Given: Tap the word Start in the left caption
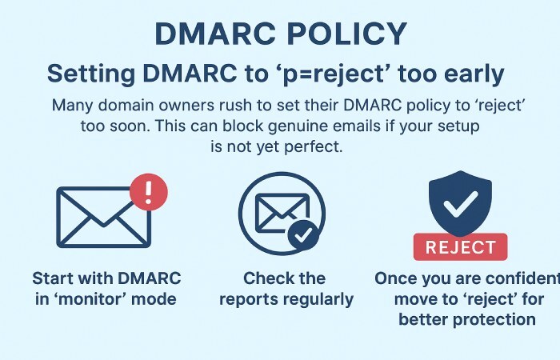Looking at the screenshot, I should point(54,278).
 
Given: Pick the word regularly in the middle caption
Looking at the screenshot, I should point(320,300).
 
